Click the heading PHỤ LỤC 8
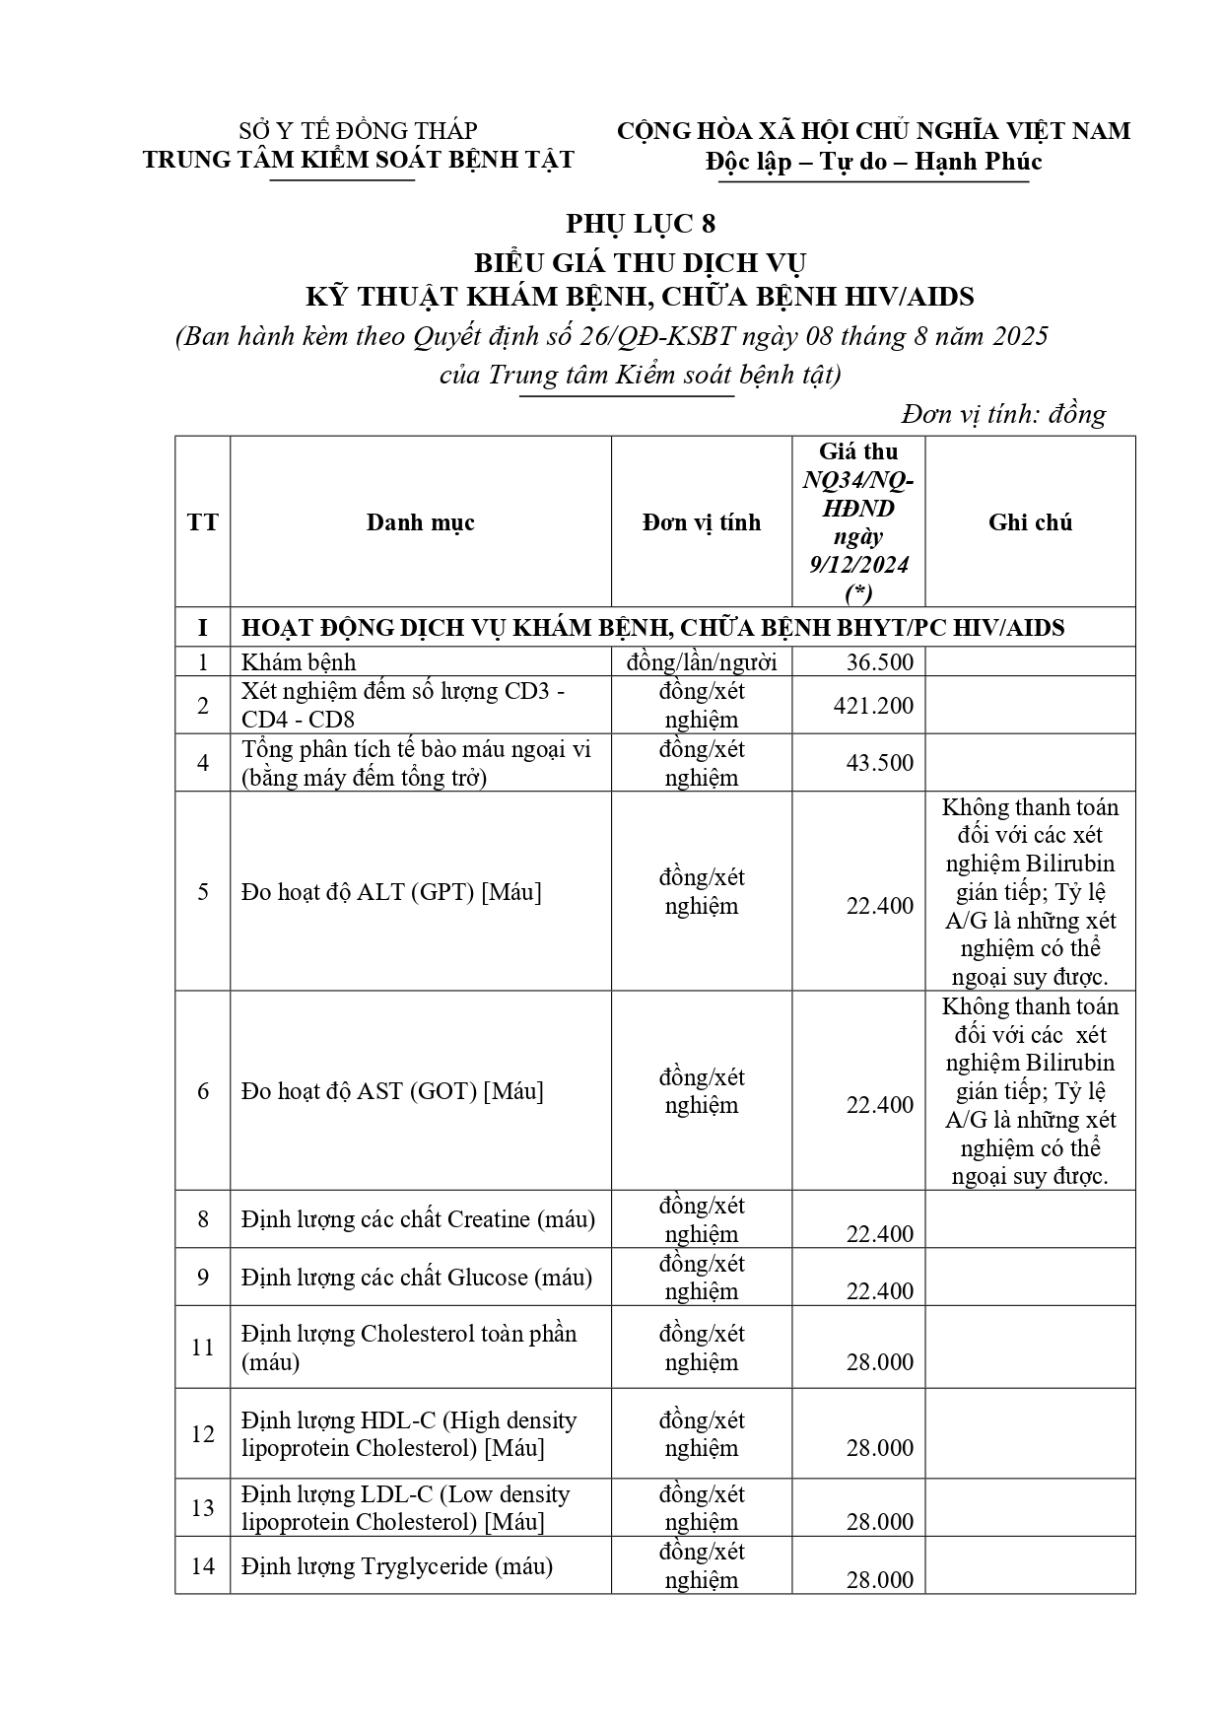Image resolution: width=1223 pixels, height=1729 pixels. [641, 225]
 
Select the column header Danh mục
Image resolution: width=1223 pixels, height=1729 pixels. [420, 522]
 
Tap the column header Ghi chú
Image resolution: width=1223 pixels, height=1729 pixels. [1030, 522]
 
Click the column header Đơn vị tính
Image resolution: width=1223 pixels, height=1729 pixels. [701, 522]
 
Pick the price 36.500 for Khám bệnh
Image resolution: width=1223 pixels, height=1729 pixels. [880, 662]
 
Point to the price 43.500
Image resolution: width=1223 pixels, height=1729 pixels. [880, 763]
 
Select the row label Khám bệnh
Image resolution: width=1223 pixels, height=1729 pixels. [300, 662]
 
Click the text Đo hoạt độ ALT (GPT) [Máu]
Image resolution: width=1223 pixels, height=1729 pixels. [391, 892]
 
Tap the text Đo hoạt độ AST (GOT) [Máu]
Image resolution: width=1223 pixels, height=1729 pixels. [392, 1091]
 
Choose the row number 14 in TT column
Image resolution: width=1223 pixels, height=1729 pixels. [203, 1566]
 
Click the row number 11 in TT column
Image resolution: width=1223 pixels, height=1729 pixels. [203, 1348]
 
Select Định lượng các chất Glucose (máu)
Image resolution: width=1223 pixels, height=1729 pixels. [417, 1278]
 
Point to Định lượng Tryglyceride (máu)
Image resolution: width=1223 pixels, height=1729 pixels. [397, 1566]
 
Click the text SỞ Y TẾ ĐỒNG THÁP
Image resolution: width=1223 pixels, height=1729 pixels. [359, 131]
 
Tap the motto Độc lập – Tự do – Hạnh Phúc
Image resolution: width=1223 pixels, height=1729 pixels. [873, 162]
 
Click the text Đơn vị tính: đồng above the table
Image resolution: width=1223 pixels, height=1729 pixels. [1004, 415]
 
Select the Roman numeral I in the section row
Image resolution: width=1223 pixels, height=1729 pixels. [203, 628]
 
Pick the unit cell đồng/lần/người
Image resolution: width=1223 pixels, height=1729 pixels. [701, 662]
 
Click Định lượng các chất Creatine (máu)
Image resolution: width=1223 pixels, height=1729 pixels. [418, 1219]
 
